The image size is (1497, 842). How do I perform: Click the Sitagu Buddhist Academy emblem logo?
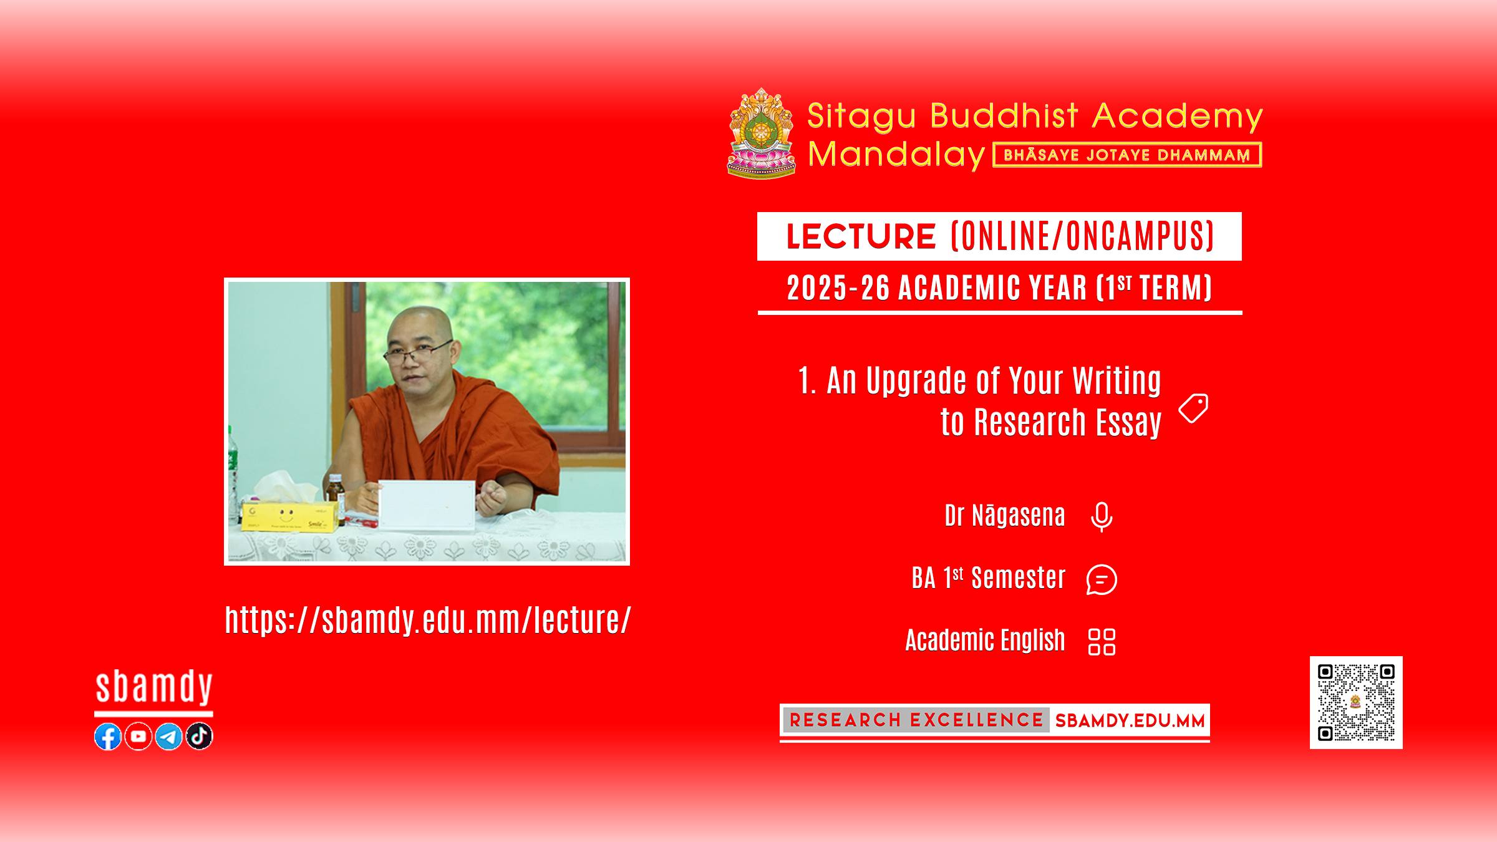[x=762, y=133]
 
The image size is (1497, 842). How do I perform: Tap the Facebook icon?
[x=108, y=737]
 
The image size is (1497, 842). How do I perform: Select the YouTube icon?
[x=138, y=737]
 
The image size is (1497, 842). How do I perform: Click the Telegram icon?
[x=169, y=737]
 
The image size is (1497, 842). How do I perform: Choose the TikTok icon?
[x=200, y=737]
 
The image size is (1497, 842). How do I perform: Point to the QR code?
[x=1356, y=702]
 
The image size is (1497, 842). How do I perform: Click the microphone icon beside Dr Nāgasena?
[x=1102, y=517]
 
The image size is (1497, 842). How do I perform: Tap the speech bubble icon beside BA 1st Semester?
[x=1102, y=579]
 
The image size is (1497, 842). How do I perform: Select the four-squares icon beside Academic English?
[x=1102, y=642]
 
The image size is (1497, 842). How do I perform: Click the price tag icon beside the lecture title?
[x=1193, y=409]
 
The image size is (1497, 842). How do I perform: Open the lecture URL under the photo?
[x=428, y=620]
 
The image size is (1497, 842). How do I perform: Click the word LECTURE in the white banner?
[x=861, y=236]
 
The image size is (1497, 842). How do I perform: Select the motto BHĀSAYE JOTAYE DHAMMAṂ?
[x=1127, y=155]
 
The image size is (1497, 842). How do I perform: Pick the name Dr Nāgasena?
[x=1005, y=516]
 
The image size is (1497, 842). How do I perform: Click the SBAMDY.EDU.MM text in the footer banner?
[x=1130, y=721]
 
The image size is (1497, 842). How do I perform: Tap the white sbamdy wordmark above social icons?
[x=154, y=687]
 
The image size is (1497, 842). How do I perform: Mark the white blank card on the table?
[x=427, y=504]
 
